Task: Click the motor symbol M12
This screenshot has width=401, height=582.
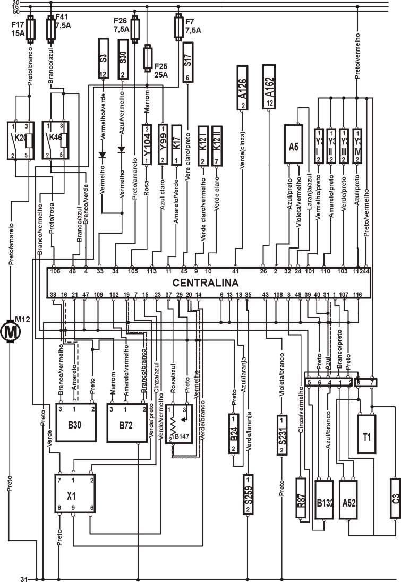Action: click(x=10, y=332)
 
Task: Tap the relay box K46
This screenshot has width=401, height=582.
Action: click(x=56, y=140)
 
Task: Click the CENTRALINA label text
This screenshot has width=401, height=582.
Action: click(x=205, y=282)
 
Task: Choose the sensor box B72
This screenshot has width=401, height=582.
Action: click(x=127, y=422)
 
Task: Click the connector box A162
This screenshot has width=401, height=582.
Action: click(x=269, y=86)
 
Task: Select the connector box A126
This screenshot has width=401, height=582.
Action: click(x=243, y=88)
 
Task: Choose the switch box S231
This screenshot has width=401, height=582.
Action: click(x=281, y=435)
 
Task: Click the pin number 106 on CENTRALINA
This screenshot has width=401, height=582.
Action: click(x=55, y=271)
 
